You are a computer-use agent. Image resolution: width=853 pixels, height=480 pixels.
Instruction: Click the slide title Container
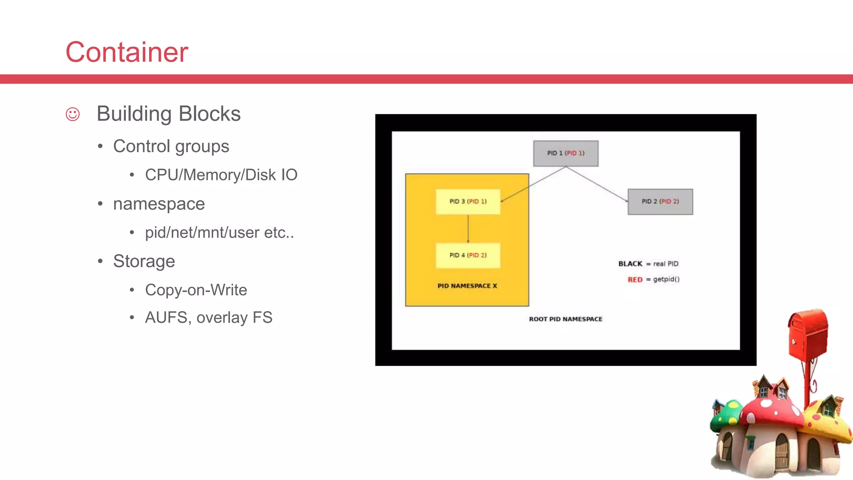coord(127,52)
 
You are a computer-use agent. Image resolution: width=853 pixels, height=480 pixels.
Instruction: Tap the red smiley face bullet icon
coord(72,114)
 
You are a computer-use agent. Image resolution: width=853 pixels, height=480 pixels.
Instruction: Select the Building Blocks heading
coord(169,114)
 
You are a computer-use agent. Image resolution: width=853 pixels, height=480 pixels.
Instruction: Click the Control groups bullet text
coord(171,146)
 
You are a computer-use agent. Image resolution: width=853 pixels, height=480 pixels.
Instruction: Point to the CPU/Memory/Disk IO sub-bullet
coord(221,175)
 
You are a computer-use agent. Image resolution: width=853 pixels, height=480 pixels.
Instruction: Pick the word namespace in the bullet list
coord(159,204)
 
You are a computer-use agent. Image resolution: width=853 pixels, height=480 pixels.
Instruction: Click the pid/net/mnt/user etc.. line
coord(219,232)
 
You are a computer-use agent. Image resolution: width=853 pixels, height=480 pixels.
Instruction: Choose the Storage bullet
coord(144,261)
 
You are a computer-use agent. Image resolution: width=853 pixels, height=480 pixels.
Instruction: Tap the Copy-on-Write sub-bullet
coord(196,290)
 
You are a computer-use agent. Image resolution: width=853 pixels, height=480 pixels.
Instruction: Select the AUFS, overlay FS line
coord(209,317)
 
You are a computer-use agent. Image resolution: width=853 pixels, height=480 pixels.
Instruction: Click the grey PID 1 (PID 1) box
coord(566,153)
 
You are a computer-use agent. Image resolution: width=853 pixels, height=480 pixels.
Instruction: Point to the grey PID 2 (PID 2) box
coord(660,202)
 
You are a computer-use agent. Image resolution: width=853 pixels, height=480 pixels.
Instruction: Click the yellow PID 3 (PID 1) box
coord(468,202)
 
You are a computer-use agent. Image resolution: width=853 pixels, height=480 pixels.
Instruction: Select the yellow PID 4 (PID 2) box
coord(468,255)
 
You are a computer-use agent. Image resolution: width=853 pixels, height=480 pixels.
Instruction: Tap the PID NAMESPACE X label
coord(467,286)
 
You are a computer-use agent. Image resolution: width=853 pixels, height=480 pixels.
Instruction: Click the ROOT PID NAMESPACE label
coord(566,319)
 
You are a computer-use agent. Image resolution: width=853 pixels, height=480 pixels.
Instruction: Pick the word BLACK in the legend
coord(630,264)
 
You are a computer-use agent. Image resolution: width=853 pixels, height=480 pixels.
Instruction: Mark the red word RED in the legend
coord(635,280)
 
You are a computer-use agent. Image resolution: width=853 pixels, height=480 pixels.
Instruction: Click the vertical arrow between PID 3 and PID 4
coord(468,228)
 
